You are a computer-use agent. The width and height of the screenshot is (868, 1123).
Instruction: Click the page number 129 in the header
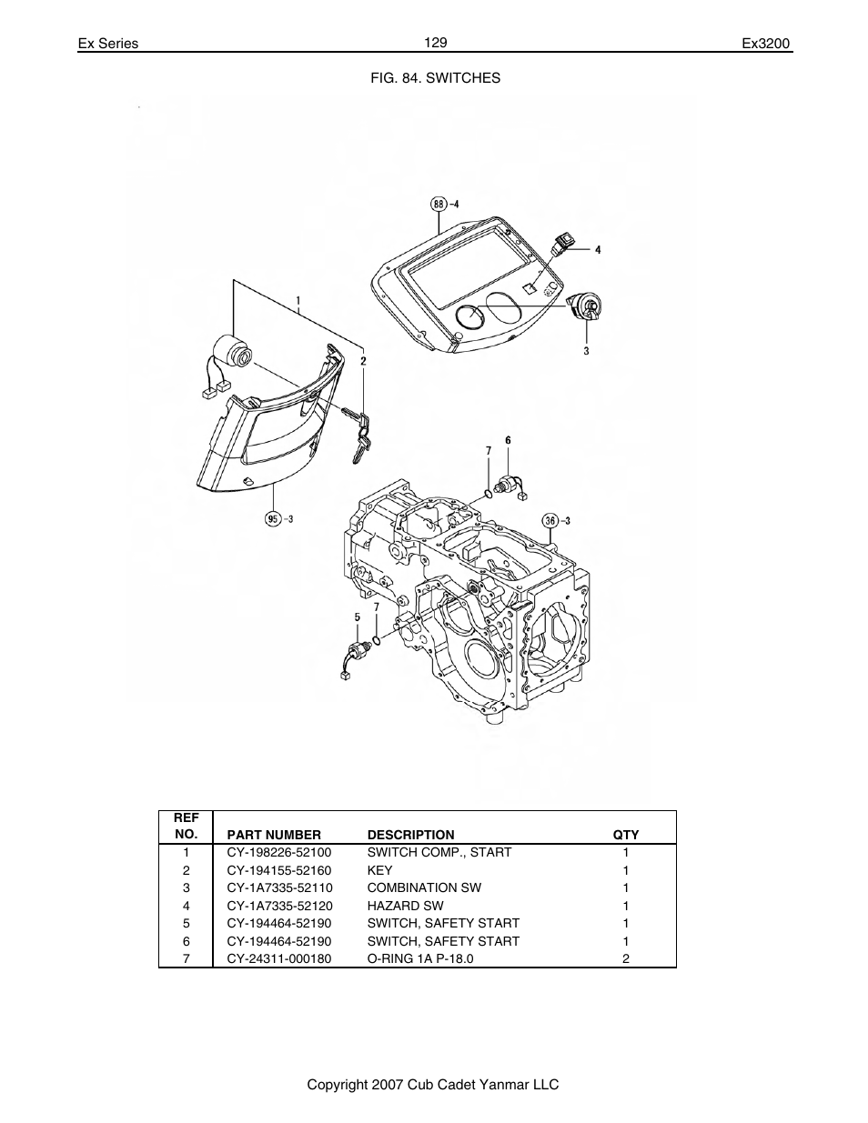pos(434,42)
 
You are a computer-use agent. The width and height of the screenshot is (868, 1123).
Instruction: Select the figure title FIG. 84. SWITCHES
pos(434,78)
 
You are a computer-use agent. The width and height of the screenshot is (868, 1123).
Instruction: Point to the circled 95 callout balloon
pos(272,519)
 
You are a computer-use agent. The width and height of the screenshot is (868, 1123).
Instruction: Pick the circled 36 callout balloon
pos(550,520)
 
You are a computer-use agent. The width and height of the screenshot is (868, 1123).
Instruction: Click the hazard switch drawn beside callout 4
pos(561,244)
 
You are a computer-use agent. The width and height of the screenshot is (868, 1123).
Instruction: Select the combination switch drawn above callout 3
pos(583,309)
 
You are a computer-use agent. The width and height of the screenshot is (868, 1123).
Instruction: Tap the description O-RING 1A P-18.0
pos(420,958)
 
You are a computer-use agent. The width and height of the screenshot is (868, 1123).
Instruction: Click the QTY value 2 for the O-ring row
pos(626,958)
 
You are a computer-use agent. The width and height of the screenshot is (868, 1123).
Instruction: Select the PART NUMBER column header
pos(274,835)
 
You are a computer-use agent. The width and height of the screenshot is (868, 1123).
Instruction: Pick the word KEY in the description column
pos(379,870)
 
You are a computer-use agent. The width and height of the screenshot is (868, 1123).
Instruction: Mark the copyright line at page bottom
pos(432,1085)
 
